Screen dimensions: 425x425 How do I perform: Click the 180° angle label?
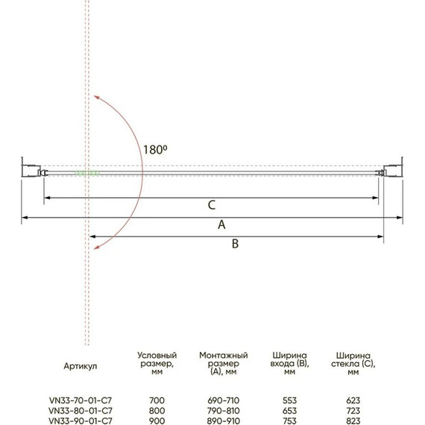click(x=155, y=150)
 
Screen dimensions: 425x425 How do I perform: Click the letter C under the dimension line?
click(x=212, y=205)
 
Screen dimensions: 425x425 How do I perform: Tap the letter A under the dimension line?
click(x=221, y=224)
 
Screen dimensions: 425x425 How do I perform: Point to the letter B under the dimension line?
click(x=236, y=244)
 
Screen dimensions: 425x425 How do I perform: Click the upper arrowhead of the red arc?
click(x=96, y=98)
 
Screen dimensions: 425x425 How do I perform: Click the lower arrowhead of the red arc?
click(x=96, y=246)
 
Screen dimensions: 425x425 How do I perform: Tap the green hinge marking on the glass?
click(x=86, y=173)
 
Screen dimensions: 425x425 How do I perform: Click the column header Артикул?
click(x=81, y=366)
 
